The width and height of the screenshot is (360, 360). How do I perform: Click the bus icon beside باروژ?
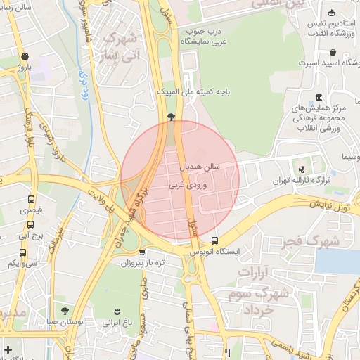(25, 57)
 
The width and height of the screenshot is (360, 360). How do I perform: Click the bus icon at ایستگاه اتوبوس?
(214, 240)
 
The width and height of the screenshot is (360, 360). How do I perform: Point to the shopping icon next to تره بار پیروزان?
(142, 252)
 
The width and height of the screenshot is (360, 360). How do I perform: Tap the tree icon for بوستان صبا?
(65, 310)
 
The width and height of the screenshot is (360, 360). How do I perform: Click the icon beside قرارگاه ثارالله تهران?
(302, 169)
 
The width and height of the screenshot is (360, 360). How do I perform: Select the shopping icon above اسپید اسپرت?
(332, 52)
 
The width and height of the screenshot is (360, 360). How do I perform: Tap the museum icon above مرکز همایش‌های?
(319, 96)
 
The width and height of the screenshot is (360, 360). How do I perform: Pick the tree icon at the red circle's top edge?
(172, 117)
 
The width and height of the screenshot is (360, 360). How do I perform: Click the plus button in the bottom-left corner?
(8, 349)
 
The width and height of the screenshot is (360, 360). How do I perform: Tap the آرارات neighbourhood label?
(255, 271)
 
